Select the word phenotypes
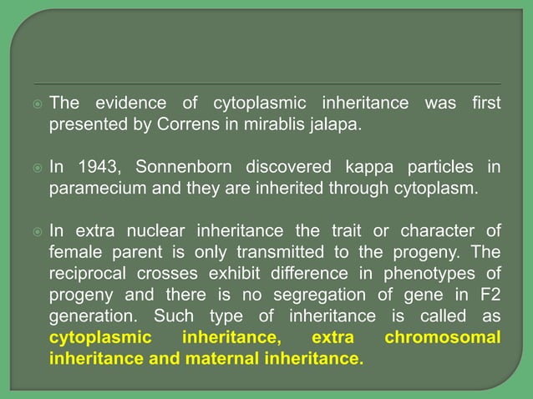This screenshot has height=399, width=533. pyautogui.click(x=427, y=273)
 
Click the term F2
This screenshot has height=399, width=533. pyautogui.click(x=488, y=295)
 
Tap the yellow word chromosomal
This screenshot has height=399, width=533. pyautogui.click(x=443, y=338)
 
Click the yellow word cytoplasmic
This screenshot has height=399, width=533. pyautogui.click(x=100, y=338)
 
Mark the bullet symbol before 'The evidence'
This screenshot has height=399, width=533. pyautogui.click(x=36, y=104)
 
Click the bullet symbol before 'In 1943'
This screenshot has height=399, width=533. pyautogui.click(x=36, y=168)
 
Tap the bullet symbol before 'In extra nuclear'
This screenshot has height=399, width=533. pyautogui.click(x=36, y=231)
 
